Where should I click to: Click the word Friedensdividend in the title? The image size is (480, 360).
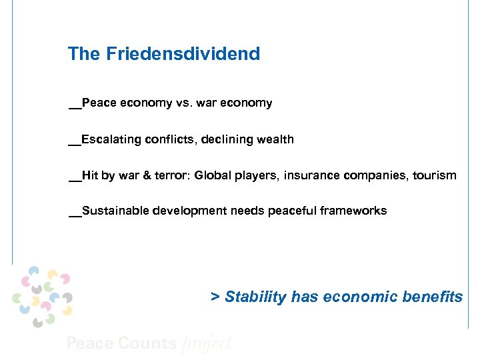[x=182, y=54]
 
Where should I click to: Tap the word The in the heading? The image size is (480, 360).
[x=83, y=54]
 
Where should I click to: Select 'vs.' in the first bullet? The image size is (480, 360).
[x=183, y=103]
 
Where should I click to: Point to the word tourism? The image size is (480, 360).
[x=435, y=175]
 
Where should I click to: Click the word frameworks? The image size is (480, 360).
[x=353, y=211]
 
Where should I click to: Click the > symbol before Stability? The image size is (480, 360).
[x=215, y=297]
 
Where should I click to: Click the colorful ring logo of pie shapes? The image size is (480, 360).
[x=43, y=296]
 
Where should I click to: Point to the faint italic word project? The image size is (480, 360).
[x=206, y=343]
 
